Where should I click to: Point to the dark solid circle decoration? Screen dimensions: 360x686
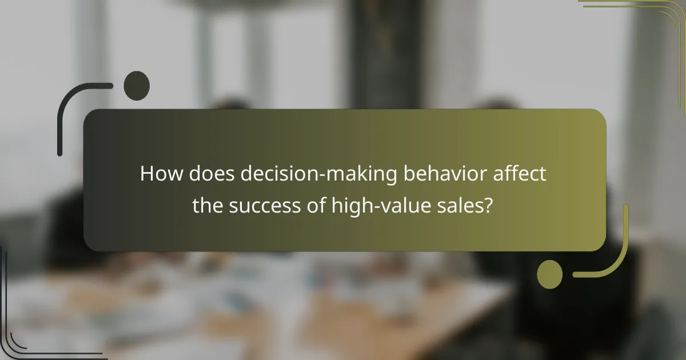[x=137, y=86]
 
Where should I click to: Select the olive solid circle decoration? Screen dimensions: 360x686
[x=549, y=274]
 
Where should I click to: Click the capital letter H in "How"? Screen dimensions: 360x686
[x=147, y=174]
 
